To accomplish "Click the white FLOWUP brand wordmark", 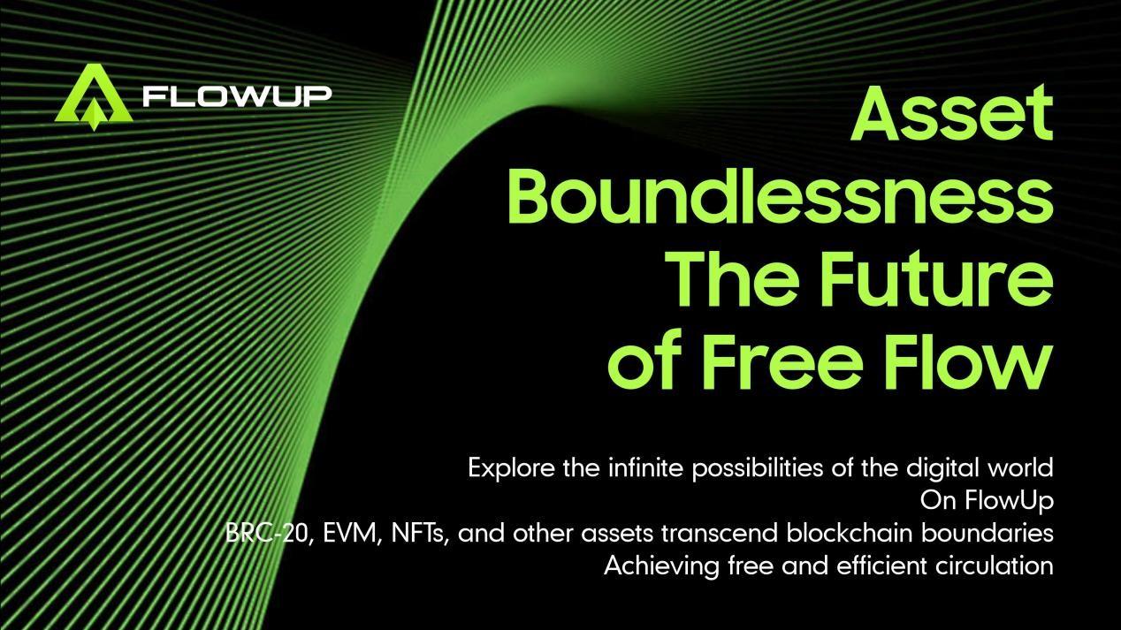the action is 237,96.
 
